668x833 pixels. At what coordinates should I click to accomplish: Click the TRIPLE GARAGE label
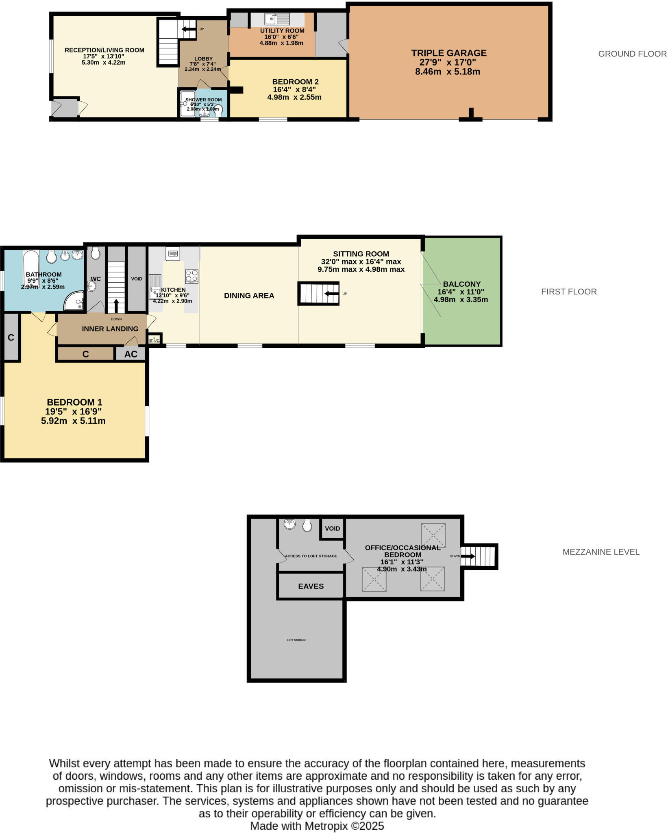pos(448,53)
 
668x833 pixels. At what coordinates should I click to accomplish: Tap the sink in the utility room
pos(277,19)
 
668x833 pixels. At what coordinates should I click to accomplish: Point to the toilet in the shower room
pos(219,109)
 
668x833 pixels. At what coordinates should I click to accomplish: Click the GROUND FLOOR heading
pos(632,54)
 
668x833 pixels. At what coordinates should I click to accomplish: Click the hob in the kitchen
pos(191,276)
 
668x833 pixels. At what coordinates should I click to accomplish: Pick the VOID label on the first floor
pos(137,279)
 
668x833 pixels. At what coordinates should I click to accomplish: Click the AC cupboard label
pos(131,354)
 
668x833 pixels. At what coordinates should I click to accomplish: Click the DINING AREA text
pos(249,296)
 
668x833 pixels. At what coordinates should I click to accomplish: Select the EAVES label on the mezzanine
pos(311,586)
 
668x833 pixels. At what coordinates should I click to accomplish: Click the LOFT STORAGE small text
pos(296,640)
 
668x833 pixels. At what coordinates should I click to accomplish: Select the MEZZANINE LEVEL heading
pos(601,552)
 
